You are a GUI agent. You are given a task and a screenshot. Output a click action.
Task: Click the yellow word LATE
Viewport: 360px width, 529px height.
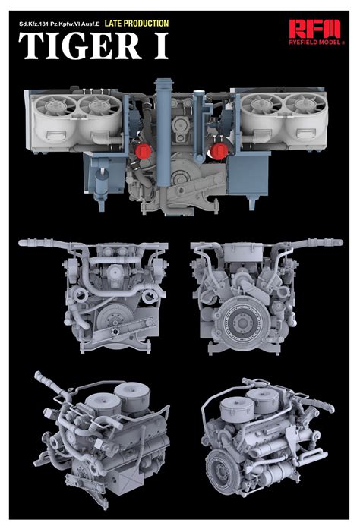[x=113, y=24]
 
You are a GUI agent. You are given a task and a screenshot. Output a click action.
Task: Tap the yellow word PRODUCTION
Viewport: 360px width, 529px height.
[x=147, y=24]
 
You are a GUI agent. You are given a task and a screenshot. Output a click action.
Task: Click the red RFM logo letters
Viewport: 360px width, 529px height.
[x=314, y=29]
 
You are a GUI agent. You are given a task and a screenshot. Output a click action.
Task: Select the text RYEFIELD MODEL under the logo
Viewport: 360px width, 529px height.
[x=316, y=43]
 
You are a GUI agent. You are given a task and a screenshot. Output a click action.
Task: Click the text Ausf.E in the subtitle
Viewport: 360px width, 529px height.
[x=90, y=24]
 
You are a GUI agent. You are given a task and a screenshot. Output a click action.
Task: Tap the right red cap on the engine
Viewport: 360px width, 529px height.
[x=219, y=151]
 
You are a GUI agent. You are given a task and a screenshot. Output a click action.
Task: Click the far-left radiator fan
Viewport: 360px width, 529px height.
[x=55, y=105]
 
